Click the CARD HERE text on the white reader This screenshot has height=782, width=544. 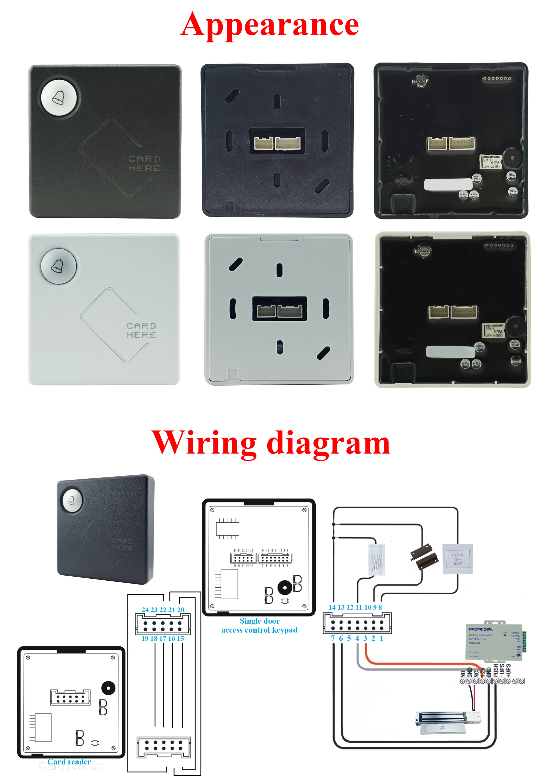(141, 330)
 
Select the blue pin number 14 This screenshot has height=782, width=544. (332, 607)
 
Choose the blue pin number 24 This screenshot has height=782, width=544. (145, 610)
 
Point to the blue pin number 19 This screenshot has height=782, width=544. (145, 638)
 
